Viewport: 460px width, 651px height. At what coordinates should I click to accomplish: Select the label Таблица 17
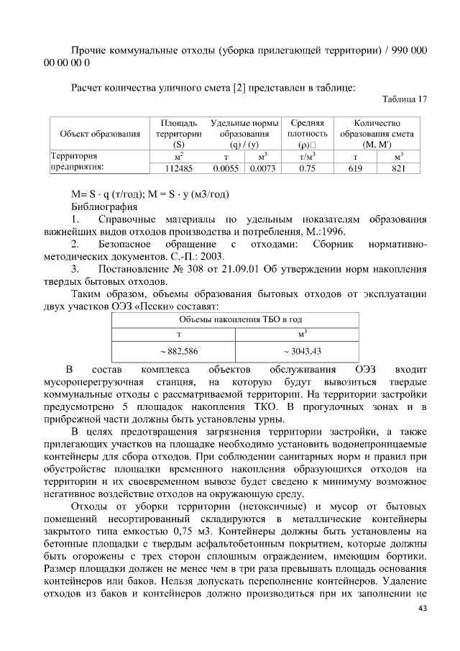(x=404, y=100)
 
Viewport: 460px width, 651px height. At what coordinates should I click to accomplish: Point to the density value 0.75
(x=308, y=168)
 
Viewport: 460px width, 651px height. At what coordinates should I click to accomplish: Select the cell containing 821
(x=399, y=168)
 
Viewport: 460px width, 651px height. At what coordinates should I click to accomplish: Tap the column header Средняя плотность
(x=308, y=129)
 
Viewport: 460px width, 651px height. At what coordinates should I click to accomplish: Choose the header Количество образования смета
(x=377, y=129)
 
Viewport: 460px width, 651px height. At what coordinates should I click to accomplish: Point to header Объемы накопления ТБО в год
(x=240, y=318)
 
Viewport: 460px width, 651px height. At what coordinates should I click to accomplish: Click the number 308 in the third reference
(x=195, y=269)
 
